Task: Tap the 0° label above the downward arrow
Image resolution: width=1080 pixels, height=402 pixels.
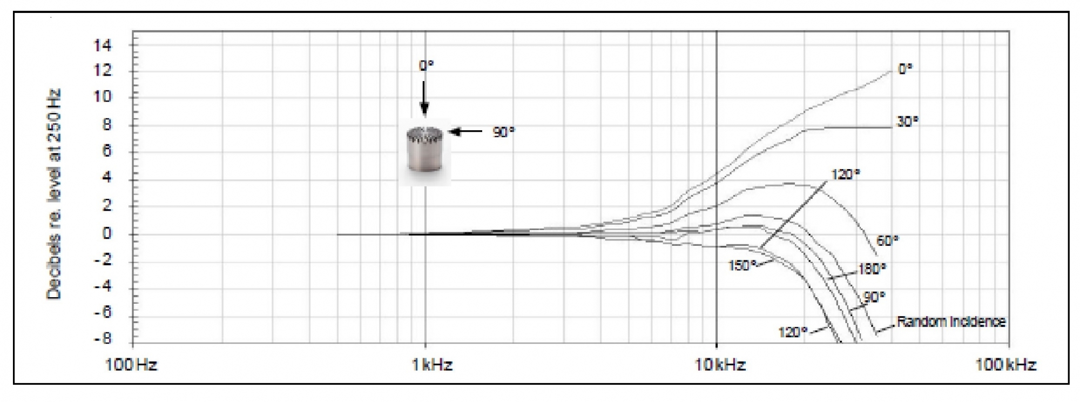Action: (426, 66)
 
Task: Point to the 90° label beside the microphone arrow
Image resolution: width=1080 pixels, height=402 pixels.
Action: (503, 132)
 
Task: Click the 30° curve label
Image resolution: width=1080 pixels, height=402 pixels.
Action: (907, 122)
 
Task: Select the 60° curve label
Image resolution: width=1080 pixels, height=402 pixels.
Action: (887, 240)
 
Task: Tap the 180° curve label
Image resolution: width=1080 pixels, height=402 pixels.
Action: (872, 269)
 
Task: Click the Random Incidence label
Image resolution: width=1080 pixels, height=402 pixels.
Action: (951, 321)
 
